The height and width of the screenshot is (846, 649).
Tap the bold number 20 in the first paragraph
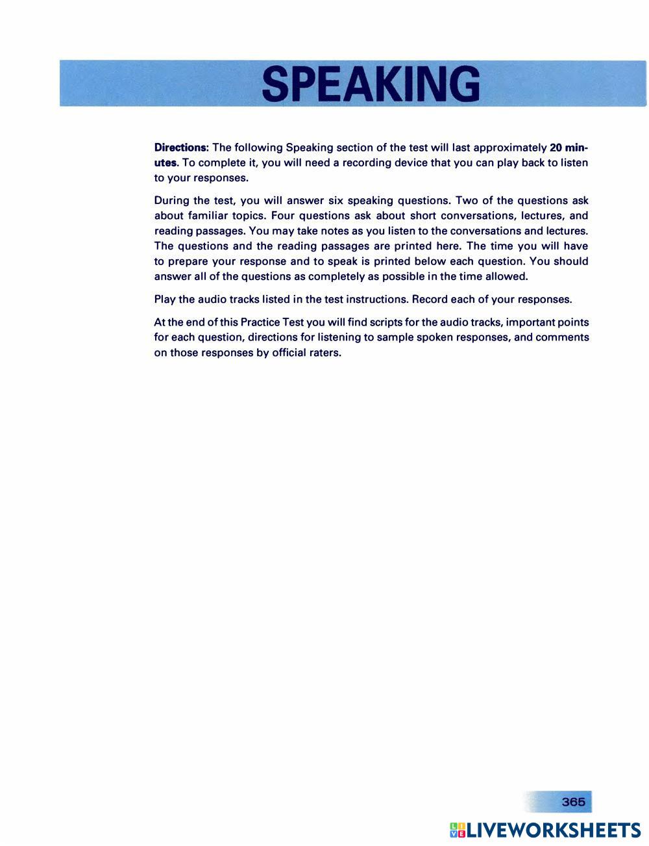[556, 147]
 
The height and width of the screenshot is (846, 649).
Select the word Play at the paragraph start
[165, 300]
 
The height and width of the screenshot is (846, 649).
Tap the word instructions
[376, 300]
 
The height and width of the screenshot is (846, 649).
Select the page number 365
[573, 802]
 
